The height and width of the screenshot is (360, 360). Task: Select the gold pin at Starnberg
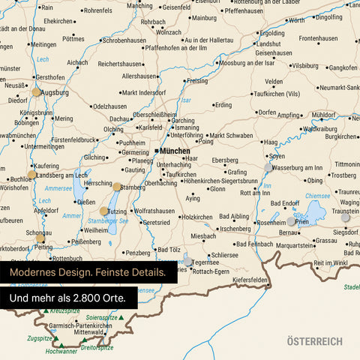click(117, 186)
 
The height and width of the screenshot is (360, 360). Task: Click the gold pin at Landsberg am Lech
click(31, 175)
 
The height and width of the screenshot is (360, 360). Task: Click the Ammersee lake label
click(58, 188)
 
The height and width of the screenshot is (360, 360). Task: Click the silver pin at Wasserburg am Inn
click(268, 166)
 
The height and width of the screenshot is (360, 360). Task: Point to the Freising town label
click(196, 80)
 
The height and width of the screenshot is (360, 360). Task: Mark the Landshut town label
click(268, 43)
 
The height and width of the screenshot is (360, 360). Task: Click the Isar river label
click(187, 99)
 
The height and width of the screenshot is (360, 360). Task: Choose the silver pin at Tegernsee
click(187, 258)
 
